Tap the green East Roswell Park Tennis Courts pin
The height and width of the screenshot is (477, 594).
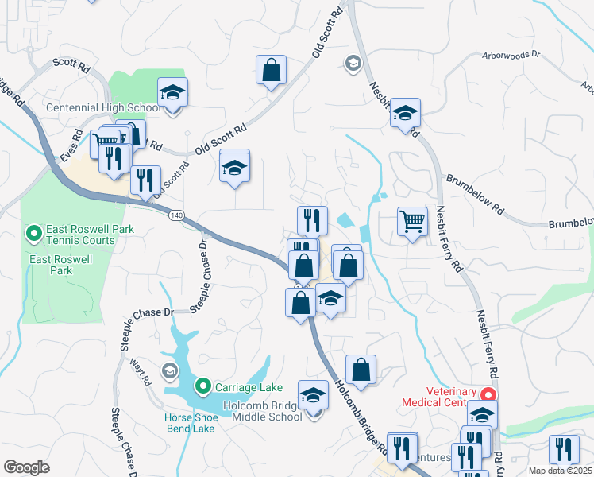33,234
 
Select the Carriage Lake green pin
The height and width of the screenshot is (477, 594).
202,387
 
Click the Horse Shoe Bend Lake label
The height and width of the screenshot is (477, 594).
190,423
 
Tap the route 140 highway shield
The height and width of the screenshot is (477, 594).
175,215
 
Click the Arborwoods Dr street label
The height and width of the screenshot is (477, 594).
511,56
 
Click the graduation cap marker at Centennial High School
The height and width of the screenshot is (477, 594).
172,92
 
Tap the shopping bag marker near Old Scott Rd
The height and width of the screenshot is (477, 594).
271,70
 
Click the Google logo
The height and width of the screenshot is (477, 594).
26,467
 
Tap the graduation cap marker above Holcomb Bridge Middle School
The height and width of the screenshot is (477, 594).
313,395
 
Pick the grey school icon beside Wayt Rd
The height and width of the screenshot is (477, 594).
169,370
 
